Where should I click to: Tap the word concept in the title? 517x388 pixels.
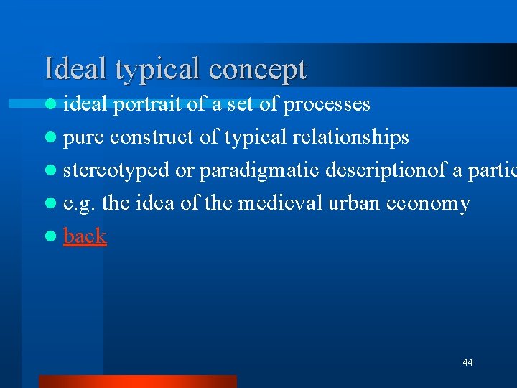pos(258,70)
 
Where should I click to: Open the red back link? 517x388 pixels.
pos(85,236)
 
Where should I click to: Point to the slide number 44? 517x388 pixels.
pos(467,362)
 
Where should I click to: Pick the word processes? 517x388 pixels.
pos(327,105)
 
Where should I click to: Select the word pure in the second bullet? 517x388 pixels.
pos(84,137)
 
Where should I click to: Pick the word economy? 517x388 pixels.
pos(428,204)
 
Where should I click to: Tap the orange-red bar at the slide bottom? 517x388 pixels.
pos(137,381)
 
